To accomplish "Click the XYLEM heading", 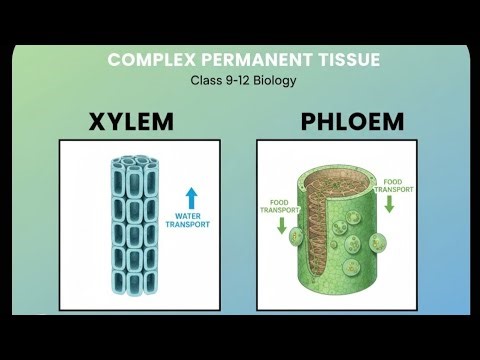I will (x=130, y=123).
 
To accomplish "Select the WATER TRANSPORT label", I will (x=194, y=219).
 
